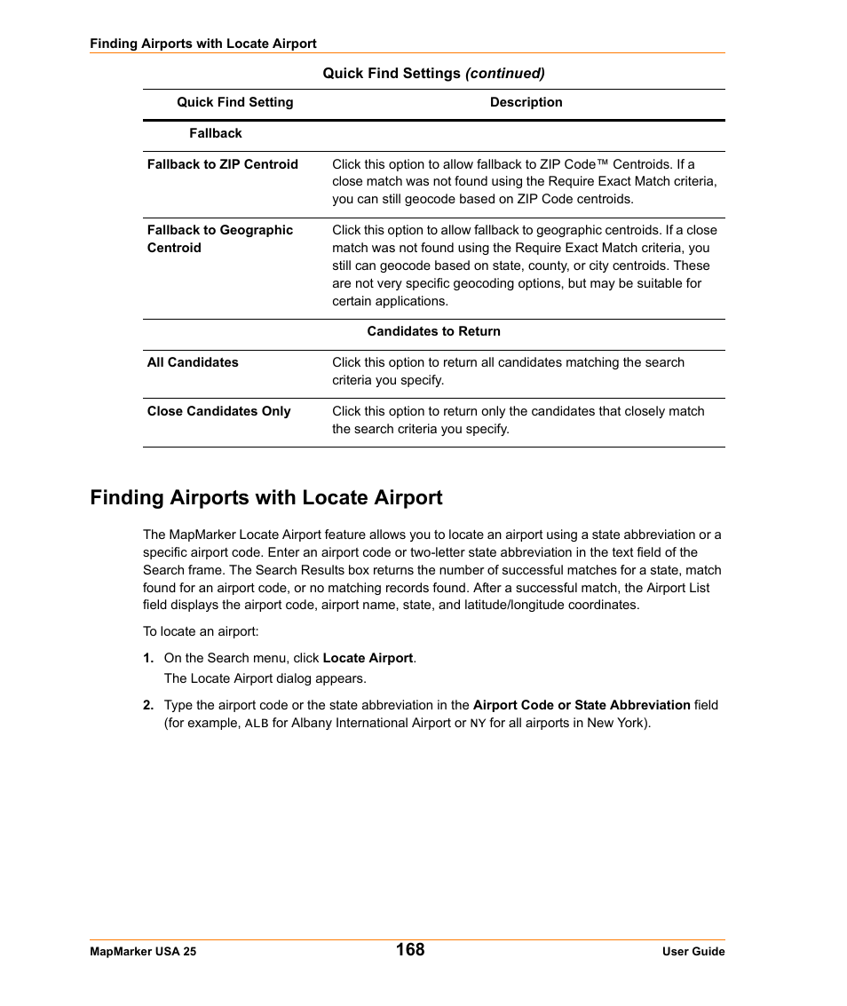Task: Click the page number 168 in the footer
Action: click(410, 949)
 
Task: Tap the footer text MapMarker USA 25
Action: click(143, 951)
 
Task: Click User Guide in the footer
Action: click(693, 951)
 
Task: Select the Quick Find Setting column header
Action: click(234, 102)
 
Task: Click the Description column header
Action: click(526, 102)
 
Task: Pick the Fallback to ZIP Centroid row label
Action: click(223, 164)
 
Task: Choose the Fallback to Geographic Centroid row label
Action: click(219, 239)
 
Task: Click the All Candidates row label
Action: click(193, 362)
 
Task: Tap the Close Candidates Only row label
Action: click(218, 411)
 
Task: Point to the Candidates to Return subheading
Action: click(433, 331)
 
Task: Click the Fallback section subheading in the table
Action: click(215, 133)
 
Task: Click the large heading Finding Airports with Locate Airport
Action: click(265, 497)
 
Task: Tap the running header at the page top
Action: click(202, 44)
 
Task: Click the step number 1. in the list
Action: click(148, 658)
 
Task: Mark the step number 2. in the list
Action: click(148, 705)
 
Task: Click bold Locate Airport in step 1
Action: click(368, 658)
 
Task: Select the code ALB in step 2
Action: click(256, 724)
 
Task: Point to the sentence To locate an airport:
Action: click(201, 631)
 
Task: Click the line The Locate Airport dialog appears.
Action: click(265, 678)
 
